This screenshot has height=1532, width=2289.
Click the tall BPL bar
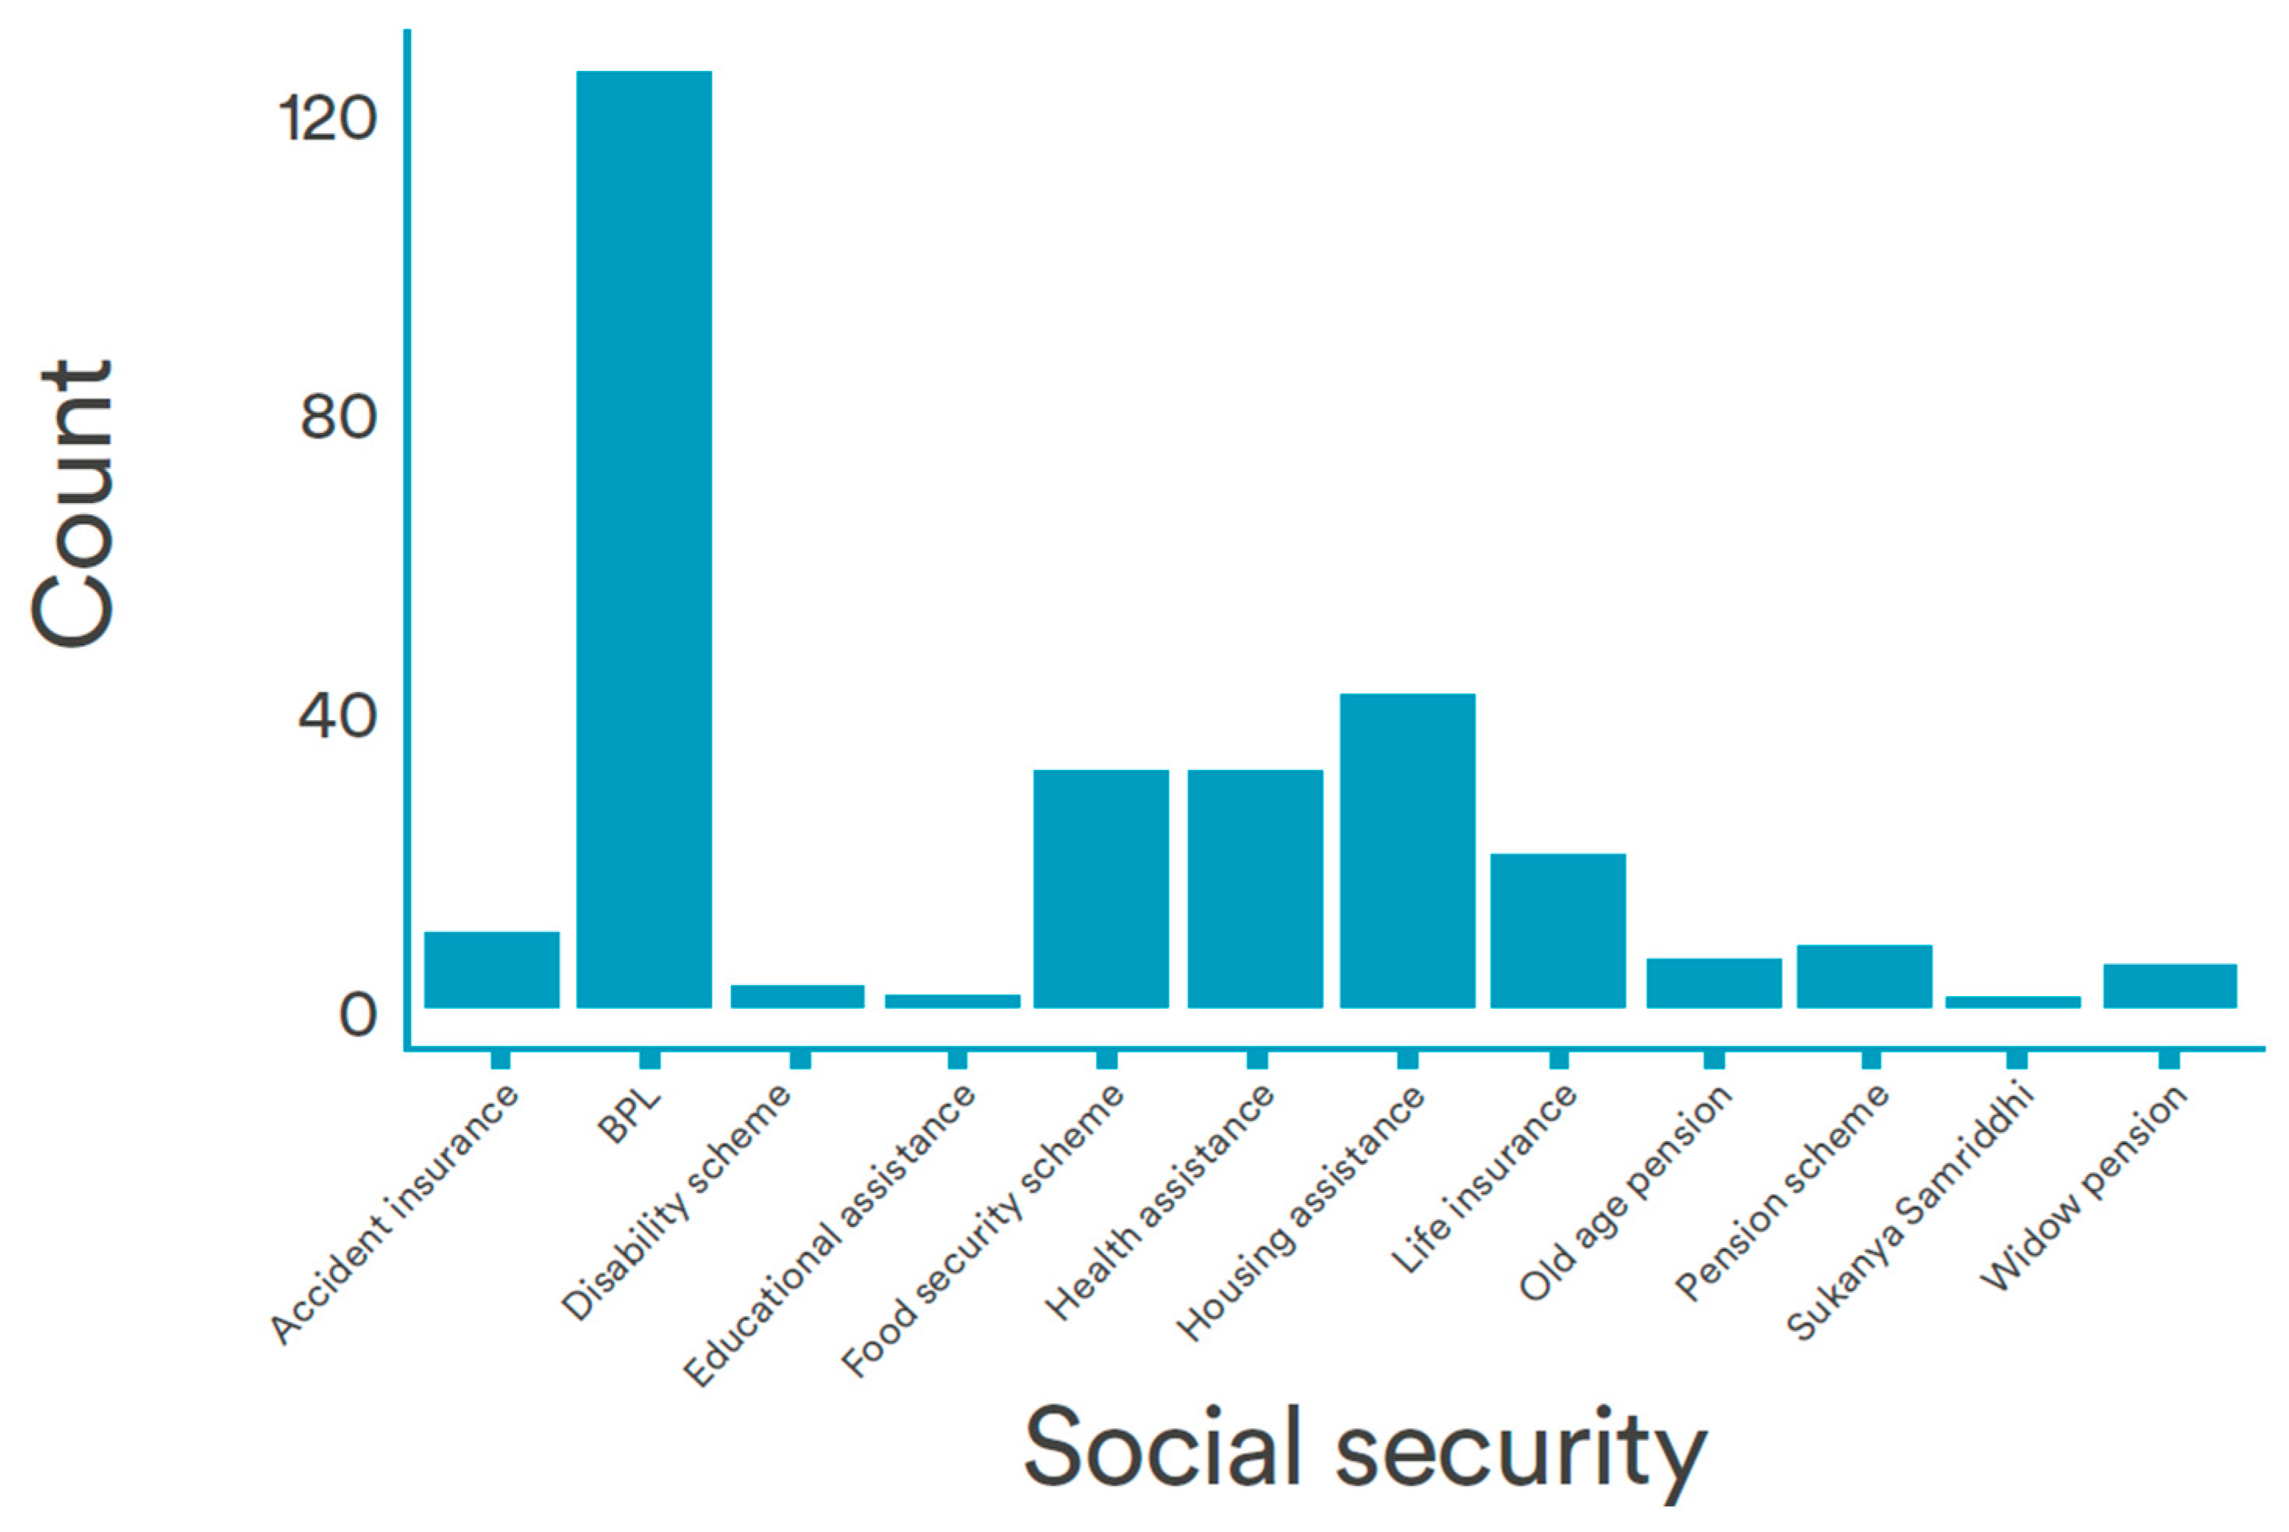pyautogui.click(x=644, y=537)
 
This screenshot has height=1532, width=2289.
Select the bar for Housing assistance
pyautogui.click(x=1407, y=850)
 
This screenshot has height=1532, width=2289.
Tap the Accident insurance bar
pyautogui.click(x=491, y=970)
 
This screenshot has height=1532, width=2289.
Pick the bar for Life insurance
pyautogui.click(x=1557, y=930)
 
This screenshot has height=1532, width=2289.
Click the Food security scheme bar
pyautogui.click(x=1101, y=888)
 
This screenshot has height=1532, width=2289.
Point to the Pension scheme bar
pyautogui.click(x=1864, y=976)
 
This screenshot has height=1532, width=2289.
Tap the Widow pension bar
pyautogui.click(x=2170, y=985)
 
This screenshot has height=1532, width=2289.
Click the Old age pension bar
pyautogui.click(x=1713, y=982)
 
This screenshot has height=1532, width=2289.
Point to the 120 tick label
pyautogui.click(x=328, y=120)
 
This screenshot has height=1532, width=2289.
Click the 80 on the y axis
pyautogui.click(x=337, y=417)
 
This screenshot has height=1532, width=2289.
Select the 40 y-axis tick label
pyautogui.click(x=337, y=716)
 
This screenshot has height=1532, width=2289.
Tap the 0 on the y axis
pyautogui.click(x=356, y=1015)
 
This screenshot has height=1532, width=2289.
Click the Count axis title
pyautogui.click(x=73, y=503)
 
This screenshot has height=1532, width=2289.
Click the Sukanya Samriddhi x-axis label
pyautogui.click(x=1910, y=1211)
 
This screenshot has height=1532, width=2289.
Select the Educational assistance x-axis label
pyautogui.click(x=831, y=1236)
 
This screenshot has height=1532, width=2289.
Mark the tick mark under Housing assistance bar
pyautogui.click(x=1407, y=1059)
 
